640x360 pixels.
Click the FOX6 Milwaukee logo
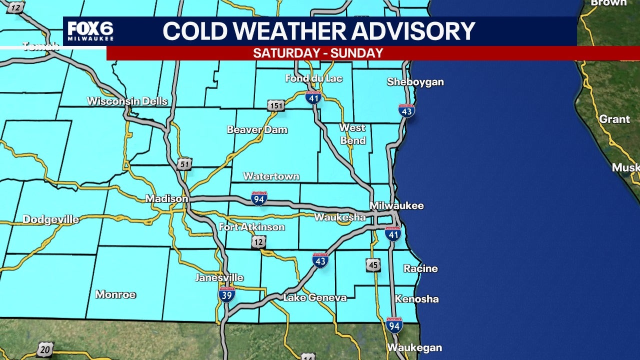(90, 31)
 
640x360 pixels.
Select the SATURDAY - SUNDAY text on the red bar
(318, 53)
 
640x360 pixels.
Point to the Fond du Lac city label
(313, 78)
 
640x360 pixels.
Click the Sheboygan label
(415, 82)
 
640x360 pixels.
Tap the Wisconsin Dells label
(127, 101)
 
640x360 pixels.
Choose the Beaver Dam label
(257, 130)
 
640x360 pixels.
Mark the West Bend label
(353, 134)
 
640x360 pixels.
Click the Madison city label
(166, 199)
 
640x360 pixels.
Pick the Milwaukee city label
(396, 205)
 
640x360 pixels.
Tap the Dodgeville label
(50, 219)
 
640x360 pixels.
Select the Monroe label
(115, 294)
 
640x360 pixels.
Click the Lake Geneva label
(314, 297)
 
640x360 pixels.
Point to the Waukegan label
(414, 347)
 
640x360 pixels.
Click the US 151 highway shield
(275, 105)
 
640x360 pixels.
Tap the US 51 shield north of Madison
(184, 164)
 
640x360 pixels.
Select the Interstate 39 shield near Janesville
(227, 294)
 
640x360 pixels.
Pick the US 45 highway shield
(373, 265)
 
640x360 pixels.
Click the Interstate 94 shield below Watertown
(259, 198)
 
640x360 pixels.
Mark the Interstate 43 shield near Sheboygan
(406, 111)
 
